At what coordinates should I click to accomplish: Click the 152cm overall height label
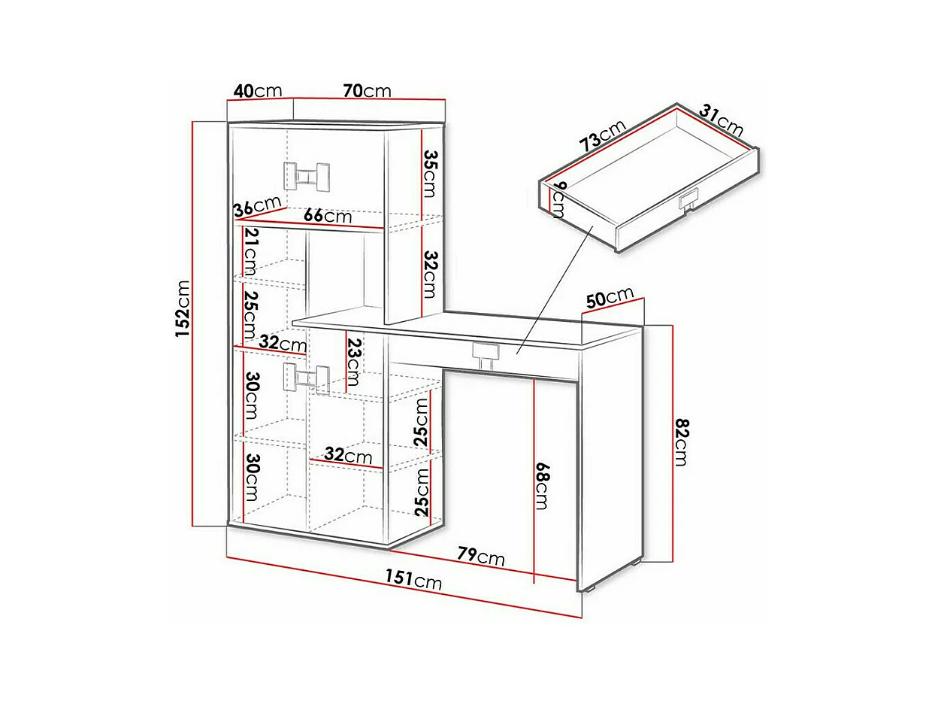pos(183,308)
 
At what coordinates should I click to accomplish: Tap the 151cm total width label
pos(413,580)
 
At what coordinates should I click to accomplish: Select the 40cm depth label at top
pos(258,90)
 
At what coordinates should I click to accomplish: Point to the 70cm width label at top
pos(367,90)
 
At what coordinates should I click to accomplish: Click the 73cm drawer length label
pos(603,135)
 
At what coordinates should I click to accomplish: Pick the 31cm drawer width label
pos(722,120)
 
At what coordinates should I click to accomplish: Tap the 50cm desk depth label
pos(610,296)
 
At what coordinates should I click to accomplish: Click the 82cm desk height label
pos(682,442)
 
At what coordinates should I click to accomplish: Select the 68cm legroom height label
pos(541,486)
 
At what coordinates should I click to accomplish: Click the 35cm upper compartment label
pos(430,174)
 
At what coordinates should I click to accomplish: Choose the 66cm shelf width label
pos(328,216)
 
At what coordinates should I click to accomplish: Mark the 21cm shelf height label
pos(250,252)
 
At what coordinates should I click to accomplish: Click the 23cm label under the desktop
pos(354,362)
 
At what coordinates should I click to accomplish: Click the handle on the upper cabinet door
pos(307,176)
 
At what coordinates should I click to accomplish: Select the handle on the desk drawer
pos(486,355)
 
